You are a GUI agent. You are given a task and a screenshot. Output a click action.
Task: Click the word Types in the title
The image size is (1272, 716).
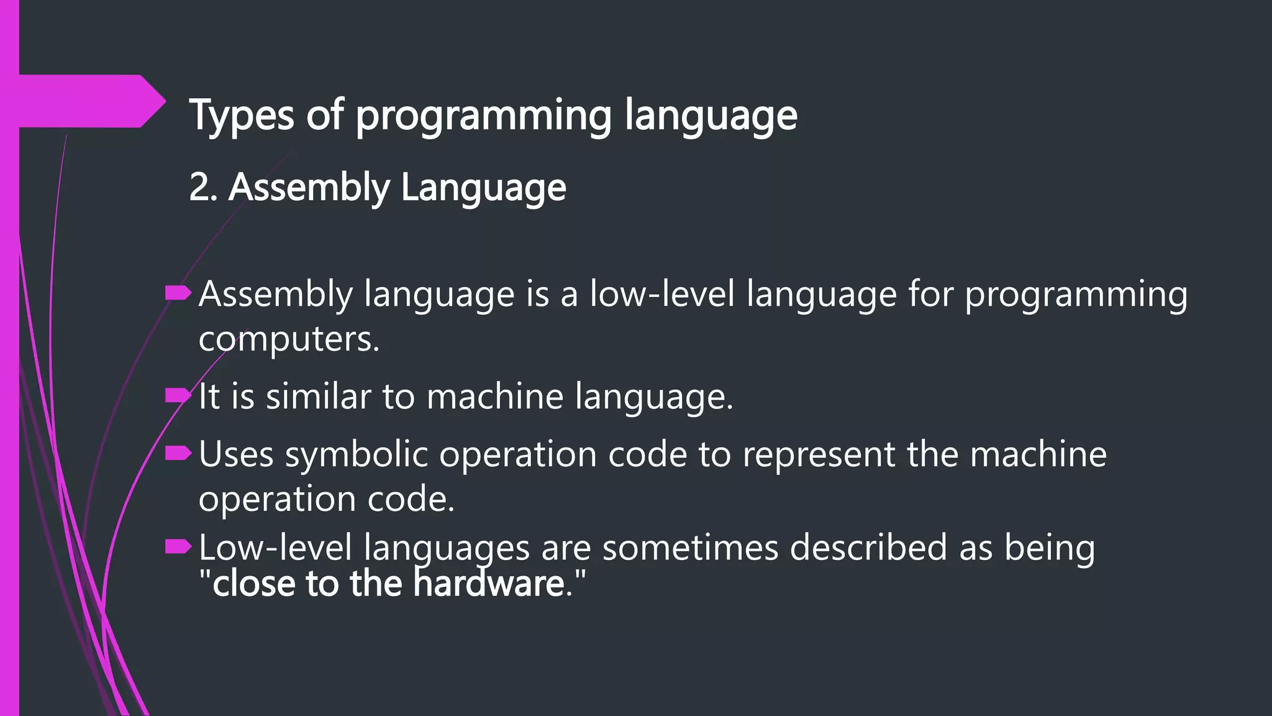pos(241,116)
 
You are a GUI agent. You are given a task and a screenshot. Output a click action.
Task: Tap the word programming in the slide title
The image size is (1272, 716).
pos(484,116)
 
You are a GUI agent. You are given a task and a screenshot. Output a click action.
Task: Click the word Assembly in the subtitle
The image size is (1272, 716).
pos(309,187)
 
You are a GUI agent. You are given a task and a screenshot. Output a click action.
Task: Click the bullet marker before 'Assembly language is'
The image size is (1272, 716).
pos(178,293)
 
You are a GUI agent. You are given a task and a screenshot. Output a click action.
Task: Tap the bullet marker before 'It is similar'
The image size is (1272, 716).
pos(178,395)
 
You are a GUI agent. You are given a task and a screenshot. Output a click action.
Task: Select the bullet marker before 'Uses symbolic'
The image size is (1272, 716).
pos(178,454)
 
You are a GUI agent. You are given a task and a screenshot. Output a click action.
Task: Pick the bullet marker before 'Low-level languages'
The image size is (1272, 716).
pos(178,547)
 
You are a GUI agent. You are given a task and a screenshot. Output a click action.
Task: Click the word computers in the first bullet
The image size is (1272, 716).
pos(289,339)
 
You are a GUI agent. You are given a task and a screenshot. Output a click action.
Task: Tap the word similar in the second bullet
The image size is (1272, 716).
pos(318,396)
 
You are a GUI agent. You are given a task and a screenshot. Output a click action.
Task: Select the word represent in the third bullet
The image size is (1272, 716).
pos(819,454)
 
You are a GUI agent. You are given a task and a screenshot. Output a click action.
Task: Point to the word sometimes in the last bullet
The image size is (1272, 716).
pos(690,548)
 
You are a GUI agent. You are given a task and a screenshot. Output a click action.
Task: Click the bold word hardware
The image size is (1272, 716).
pos(489,584)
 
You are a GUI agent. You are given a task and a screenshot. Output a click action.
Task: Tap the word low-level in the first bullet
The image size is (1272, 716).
pos(662,293)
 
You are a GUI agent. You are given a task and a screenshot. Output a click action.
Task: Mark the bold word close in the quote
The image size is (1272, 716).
pos(254,584)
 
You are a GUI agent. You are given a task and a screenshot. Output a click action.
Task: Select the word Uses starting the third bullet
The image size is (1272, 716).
pos(236,454)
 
